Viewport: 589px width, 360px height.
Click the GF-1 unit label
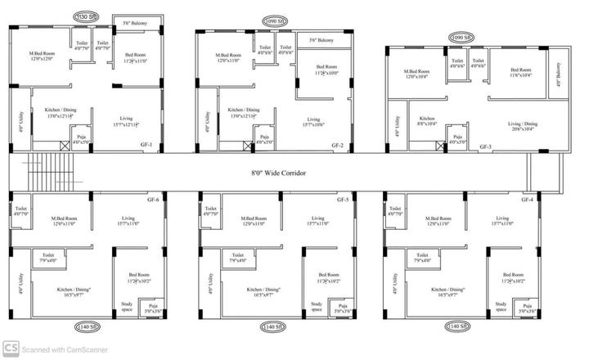click(x=146, y=146)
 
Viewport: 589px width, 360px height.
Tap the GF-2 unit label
click(x=337, y=145)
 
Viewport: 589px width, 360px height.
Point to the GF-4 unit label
click(x=528, y=200)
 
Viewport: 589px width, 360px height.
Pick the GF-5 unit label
click(x=343, y=200)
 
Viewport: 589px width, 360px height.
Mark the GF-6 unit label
click(x=152, y=200)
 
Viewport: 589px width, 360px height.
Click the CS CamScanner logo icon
click(x=11, y=349)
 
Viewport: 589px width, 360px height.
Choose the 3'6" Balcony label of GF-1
click(x=135, y=23)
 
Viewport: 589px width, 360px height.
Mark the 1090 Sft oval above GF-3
click(x=462, y=38)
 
